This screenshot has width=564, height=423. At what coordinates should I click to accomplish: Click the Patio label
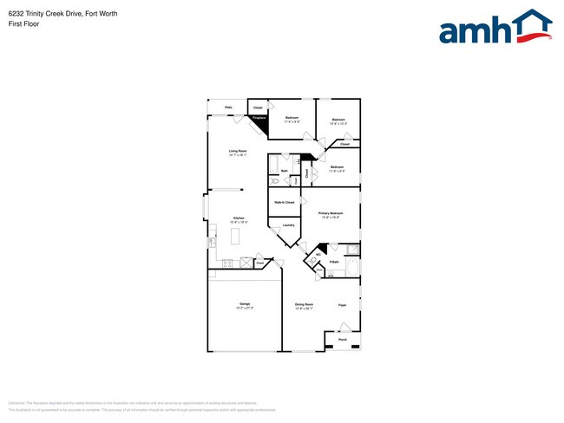228,107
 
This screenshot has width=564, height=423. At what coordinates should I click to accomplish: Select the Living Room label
238,153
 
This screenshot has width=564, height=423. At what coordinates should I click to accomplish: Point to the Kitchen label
237,219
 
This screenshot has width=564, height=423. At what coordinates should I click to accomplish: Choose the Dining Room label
304,305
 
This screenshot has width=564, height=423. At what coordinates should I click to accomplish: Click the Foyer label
342,305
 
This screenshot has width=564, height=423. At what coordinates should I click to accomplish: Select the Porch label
342,340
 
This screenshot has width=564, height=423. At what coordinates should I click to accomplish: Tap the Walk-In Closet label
284,202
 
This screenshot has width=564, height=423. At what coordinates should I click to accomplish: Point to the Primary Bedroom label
330,213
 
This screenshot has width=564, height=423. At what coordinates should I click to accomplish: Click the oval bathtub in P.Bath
351,251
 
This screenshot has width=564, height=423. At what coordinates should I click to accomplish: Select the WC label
318,255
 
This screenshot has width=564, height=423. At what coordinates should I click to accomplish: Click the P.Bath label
334,261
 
